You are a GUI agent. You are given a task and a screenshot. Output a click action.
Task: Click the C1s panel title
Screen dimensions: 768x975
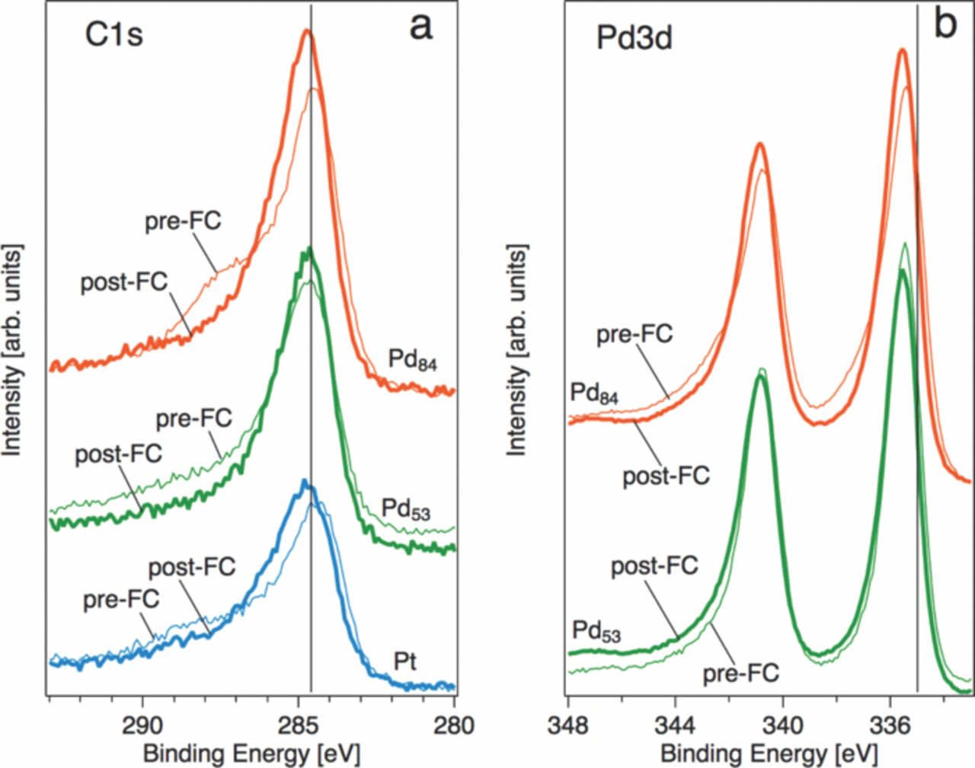[113, 35]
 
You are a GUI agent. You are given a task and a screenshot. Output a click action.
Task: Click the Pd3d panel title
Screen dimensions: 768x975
[634, 38]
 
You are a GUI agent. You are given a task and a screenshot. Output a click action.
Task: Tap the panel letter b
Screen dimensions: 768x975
[945, 24]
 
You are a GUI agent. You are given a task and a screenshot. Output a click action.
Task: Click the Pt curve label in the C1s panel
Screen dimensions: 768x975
[405, 661]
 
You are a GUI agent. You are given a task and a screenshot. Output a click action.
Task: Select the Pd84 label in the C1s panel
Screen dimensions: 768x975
[412, 360]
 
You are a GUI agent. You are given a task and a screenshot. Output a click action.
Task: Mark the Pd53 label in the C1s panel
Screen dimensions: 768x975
[405, 509]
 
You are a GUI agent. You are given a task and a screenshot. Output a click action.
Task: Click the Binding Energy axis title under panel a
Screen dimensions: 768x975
[251, 754]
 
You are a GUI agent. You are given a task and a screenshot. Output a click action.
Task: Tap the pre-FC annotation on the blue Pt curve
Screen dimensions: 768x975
[121, 600]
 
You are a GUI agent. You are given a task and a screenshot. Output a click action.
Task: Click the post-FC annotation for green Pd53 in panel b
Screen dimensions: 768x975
[654, 566]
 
